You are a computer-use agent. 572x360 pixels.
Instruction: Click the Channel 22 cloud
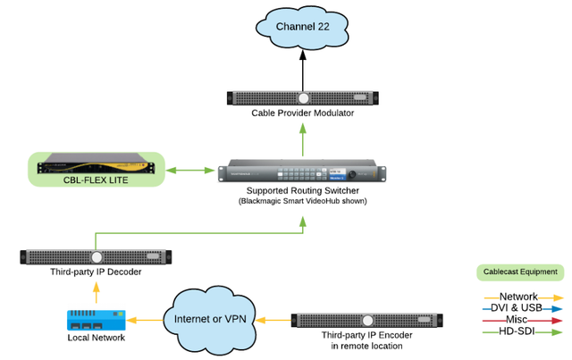[x=302, y=28]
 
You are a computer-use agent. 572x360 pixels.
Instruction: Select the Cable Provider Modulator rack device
[x=303, y=99]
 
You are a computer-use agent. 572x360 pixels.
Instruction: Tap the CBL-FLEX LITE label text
[x=97, y=178]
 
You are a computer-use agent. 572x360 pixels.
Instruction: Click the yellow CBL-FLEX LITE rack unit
[x=97, y=163]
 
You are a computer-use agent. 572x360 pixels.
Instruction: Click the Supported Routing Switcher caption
[x=303, y=190]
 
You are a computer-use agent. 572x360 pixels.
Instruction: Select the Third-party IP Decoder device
[x=96, y=257]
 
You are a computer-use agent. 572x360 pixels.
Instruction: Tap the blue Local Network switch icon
[x=96, y=318]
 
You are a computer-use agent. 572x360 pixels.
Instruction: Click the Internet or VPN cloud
[x=210, y=318]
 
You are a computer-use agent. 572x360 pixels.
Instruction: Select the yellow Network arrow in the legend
[x=522, y=297]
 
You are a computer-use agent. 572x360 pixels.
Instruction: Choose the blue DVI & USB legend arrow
[x=522, y=309]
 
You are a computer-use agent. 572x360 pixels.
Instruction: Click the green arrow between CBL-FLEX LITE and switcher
[x=190, y=168]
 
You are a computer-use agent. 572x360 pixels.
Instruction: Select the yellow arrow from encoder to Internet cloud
[x=273, y=318]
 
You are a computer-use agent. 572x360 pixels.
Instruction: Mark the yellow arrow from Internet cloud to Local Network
[x=144, y=318]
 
